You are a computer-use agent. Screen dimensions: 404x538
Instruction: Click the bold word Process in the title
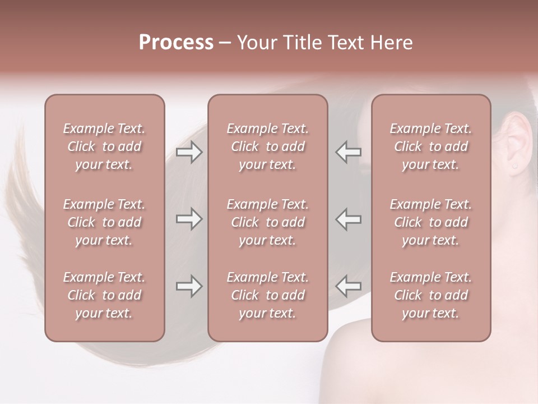[x=176, y=43]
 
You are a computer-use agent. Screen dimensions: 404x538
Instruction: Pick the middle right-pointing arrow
[x=189, y=219]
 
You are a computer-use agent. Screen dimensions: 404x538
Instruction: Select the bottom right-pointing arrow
[x=189, y=286]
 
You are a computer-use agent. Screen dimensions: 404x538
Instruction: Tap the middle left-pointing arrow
[x=349, y=219]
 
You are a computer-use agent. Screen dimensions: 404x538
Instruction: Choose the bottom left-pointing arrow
[x=349, y=286]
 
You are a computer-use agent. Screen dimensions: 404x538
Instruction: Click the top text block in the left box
[x=104, y=146]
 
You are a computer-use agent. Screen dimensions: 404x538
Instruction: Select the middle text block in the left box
[x=104, y=222]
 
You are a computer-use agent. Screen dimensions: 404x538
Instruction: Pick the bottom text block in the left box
[x=104, y=295]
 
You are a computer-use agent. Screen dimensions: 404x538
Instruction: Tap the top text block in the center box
[x=267, y=146]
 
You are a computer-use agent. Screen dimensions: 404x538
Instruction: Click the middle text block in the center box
[x=267, y=222]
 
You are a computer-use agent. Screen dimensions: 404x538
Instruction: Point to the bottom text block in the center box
[x=267, y=295]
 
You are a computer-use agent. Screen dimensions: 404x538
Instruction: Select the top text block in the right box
[x=430, y=146]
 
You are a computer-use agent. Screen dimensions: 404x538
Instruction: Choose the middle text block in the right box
[x=430, y=222]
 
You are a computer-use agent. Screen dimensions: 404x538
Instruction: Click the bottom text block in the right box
[x=430, y=295]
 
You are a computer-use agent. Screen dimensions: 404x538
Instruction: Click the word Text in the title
[x=345, y=43]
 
